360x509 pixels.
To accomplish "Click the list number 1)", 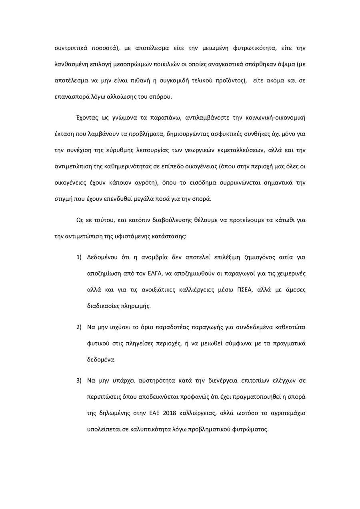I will tap(79, 257).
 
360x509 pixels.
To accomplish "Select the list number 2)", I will tap(79, 327).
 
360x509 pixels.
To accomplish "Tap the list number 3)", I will tap(79, 380).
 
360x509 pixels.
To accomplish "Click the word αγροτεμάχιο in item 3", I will tap(286, 413).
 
